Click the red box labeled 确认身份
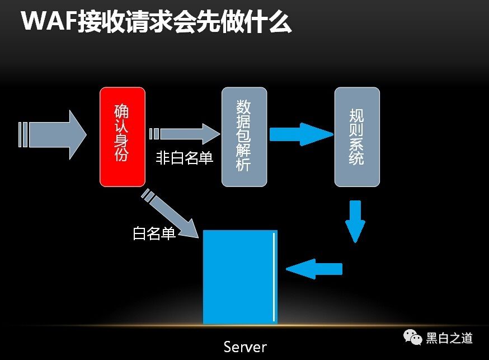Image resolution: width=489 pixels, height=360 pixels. coord(122,137)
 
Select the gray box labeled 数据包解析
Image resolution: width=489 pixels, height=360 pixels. coord(244,137)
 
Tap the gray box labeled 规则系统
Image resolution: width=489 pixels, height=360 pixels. coord(357,137)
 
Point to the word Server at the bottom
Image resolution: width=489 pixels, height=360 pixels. coord(245,346)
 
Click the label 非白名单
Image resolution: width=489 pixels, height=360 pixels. coord(184,158)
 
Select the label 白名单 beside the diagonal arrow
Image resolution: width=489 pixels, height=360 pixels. coord(154,233)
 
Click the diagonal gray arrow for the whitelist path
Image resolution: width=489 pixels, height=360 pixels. coord(170,215)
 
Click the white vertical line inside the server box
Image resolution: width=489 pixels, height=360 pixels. coord(274,277)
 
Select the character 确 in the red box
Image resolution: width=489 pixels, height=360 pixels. coord(121,110)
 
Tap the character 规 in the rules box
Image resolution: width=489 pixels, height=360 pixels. coord(356,116)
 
